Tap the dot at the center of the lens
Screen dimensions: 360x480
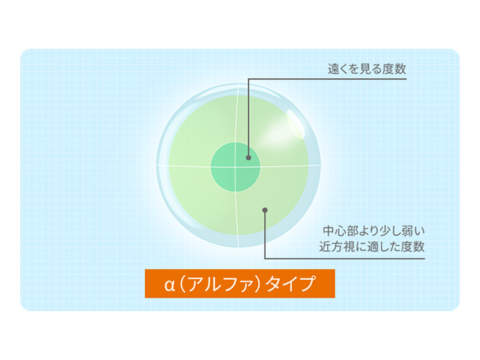point(247,158)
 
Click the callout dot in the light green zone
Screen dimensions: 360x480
point(265,211)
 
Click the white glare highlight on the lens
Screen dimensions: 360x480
point(294,124)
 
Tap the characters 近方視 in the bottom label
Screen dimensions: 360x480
point(338,246)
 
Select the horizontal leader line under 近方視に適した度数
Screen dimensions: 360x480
point(352,259)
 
